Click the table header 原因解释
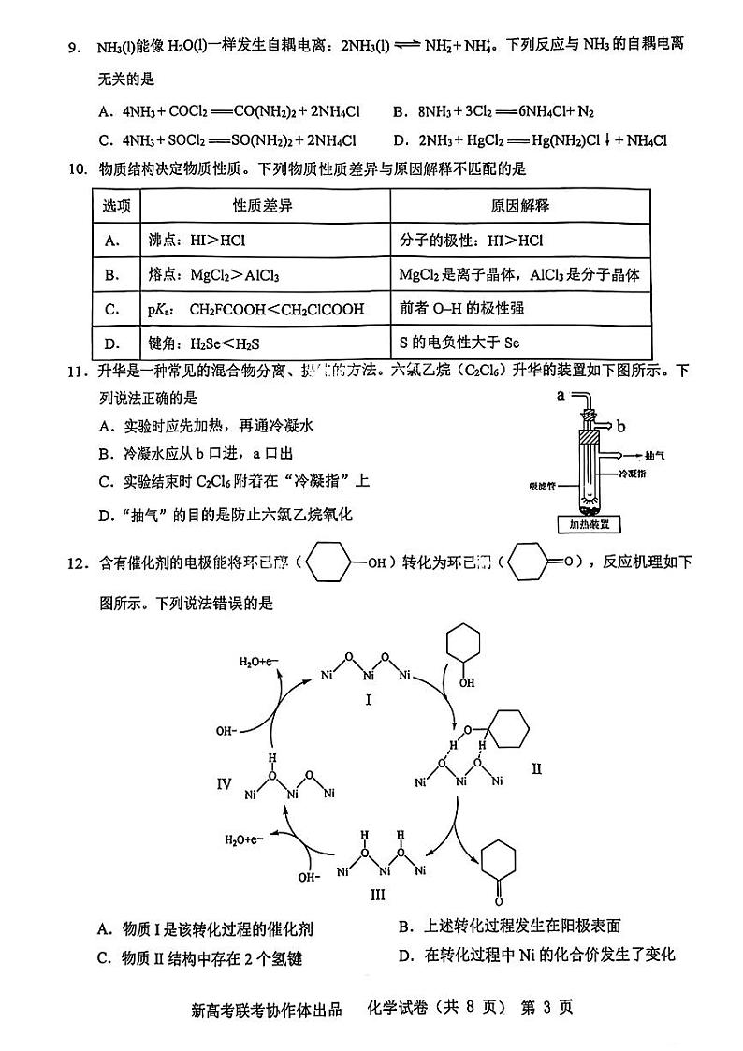point(520,206)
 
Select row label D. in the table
point(114,343)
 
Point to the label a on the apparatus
point(561,396)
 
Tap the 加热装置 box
point(587,526)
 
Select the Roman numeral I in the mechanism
point(369,699)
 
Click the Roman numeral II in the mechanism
point(536,768)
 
